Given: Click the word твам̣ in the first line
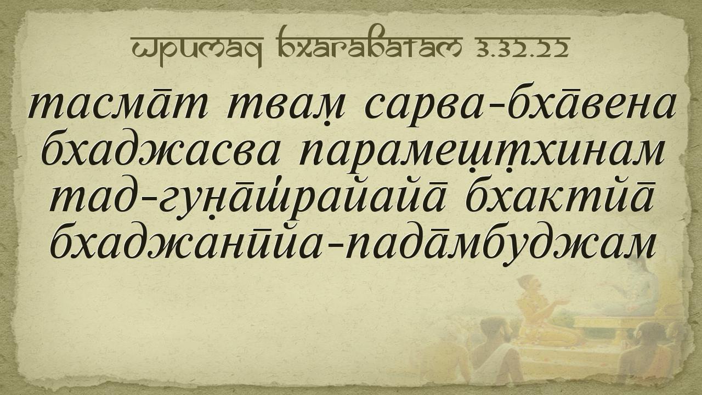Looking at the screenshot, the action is pos(286,106).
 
